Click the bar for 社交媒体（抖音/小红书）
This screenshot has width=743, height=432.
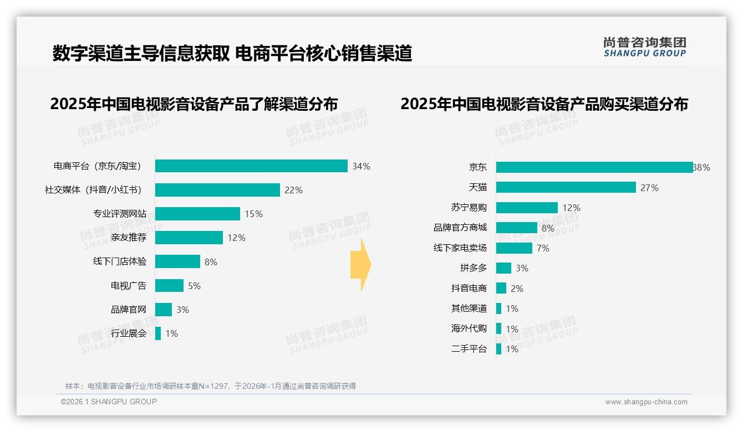[x=217, y=190]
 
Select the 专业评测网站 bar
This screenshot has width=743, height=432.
[x=197, y=214]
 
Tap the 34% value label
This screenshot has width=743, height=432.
[x=361, y=166]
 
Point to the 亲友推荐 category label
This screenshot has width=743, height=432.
[x=129, y=238]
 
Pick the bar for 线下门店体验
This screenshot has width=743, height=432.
[x=177, y=261]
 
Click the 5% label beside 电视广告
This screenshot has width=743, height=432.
[x=194, y=286]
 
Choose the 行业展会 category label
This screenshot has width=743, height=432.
[x=129, y=333]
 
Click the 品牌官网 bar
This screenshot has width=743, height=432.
[x=164, y=310]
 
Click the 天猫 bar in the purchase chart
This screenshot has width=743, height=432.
[x=566, y=187]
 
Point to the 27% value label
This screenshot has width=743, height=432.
[x=649, y=188]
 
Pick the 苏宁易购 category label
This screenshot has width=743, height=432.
[x=469, y=208]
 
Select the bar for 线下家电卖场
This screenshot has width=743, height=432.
[x=514, y=248]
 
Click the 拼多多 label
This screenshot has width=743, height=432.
[x=474, y=268]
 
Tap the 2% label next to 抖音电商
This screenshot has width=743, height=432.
[x=517, y=289]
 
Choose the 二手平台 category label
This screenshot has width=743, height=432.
[x=469, y=349]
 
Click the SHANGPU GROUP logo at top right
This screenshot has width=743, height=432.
[x=645, y=47]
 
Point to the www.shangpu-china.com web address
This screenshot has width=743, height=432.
[x=646, y=402]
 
